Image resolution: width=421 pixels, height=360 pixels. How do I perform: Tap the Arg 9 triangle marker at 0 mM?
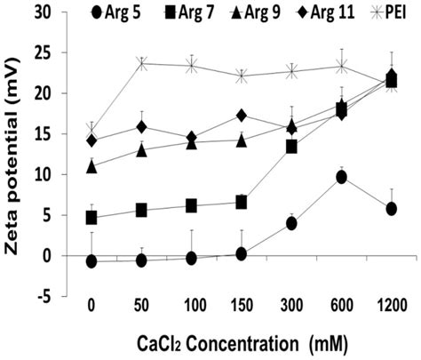click(91, 166)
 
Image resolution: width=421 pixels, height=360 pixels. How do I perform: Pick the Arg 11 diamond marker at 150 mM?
click(242, 116)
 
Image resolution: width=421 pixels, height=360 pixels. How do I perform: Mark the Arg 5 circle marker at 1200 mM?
click(392, 208)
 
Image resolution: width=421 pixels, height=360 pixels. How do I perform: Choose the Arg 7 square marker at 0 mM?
click(91, 217)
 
